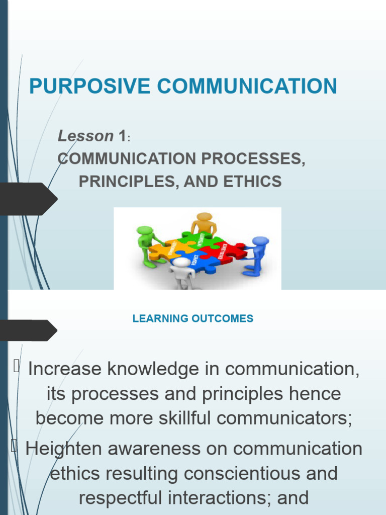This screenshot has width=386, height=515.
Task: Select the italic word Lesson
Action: tap(85, 136)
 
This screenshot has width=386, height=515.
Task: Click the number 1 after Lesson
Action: tap(122, 136)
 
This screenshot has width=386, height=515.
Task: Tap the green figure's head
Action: tap(144, 231)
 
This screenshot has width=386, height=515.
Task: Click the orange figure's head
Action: tap(204, 217)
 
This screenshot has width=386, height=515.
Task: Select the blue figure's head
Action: tap(261, 241)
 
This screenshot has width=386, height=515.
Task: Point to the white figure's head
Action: tap(181, 262)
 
